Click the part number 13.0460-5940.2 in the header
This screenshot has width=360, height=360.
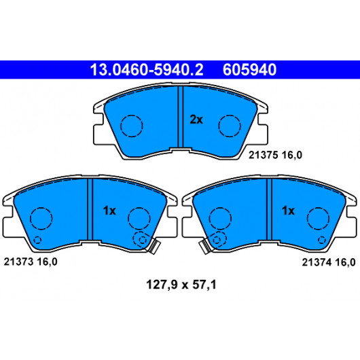(147, 70)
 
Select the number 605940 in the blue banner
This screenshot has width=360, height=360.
(249, 70)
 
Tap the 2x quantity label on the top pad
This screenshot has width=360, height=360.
(196, 120)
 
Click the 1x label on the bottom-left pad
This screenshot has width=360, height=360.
(109, 211)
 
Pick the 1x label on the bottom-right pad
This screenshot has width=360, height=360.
(288, 211)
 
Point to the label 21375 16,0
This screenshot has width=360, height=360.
(275, 155)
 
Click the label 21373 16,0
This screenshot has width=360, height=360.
(31, 262)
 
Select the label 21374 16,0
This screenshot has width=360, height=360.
(329, 262)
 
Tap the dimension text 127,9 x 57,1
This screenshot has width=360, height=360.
(181, 285)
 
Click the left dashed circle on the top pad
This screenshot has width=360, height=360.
(132, 115)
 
